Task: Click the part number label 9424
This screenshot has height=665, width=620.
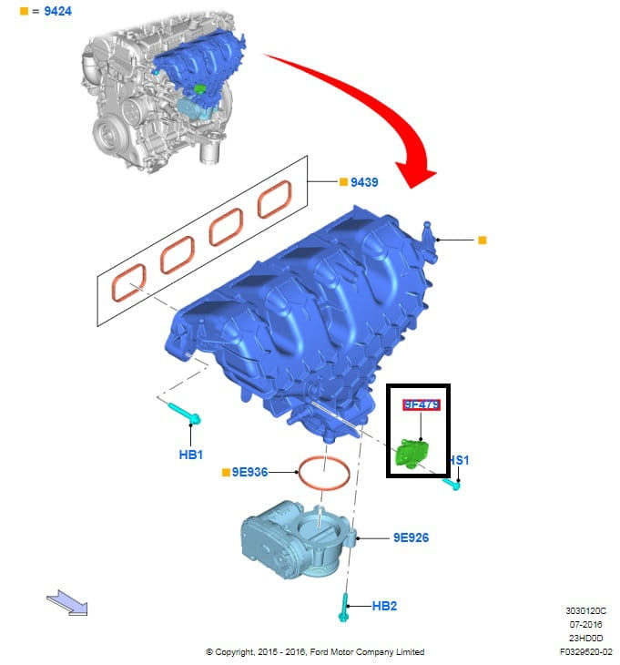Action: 59,11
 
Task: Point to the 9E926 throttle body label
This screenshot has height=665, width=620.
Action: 411,537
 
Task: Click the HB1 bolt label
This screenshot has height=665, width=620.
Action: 191,453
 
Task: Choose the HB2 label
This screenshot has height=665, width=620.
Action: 384,605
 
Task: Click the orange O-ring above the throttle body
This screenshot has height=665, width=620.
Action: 324,473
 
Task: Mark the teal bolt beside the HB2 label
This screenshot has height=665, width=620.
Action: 344,608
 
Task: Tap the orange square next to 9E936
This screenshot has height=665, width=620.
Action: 225,472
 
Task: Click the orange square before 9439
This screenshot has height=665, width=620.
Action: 344,182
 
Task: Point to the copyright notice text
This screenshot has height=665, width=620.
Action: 314,651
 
